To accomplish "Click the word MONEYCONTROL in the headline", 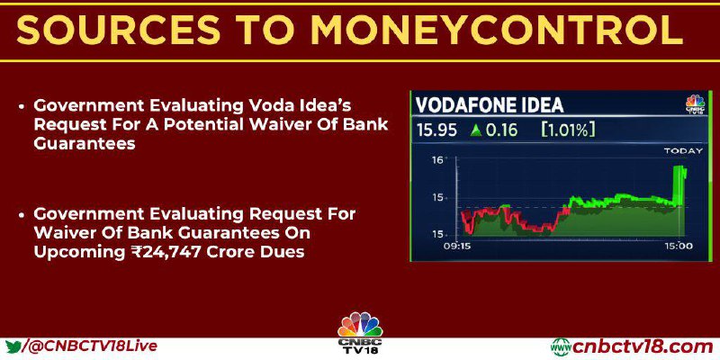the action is click(x=497, y=30).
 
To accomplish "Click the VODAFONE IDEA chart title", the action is click(x=490, y=105).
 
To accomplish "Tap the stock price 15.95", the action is click(x=436, y=130).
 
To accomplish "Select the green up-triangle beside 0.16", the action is click(x=476, y=130).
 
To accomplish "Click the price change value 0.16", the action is click(x=501, y=130).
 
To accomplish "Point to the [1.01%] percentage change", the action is click(x=569, y=130).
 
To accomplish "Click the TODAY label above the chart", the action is click(x=683, y=150).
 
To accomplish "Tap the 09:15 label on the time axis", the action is click(x=456, y=246).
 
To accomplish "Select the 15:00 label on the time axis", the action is click(x=679, y=246).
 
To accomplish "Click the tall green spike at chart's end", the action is click(x=679, y=185).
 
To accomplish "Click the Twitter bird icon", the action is click(x=13, y=346).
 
